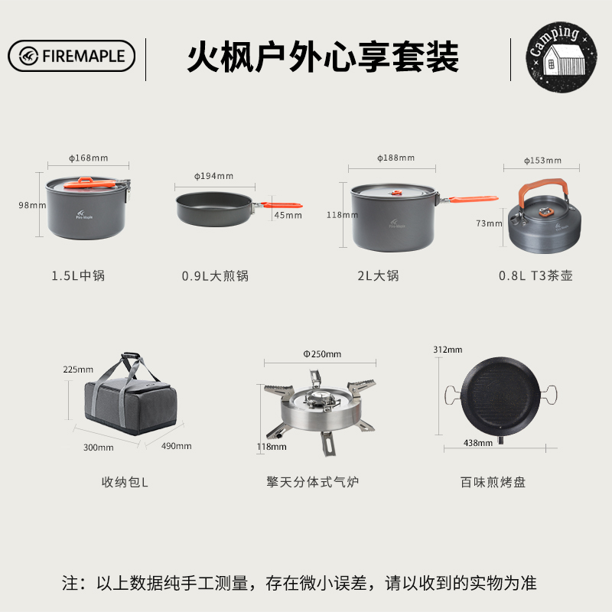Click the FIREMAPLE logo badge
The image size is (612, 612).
point(71,56)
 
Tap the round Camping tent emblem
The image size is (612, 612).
point(561,57)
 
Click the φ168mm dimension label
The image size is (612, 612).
point(89,158)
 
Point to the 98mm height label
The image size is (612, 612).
point(32,205)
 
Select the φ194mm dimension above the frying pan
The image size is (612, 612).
point(214,176)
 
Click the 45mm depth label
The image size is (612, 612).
point(288,215)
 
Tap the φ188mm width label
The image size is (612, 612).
point(396,158)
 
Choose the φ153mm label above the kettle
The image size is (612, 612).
point(542,161)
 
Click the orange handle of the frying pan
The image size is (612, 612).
point(282,205)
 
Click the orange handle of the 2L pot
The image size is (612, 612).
point(474,199)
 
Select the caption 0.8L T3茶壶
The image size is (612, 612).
point(535,275)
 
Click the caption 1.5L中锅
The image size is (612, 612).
point(78,275)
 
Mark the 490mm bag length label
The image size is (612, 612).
point(177,446)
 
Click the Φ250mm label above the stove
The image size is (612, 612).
point(322,354)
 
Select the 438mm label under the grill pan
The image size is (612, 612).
point(478,443)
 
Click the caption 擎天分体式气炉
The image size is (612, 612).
point(312,482)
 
